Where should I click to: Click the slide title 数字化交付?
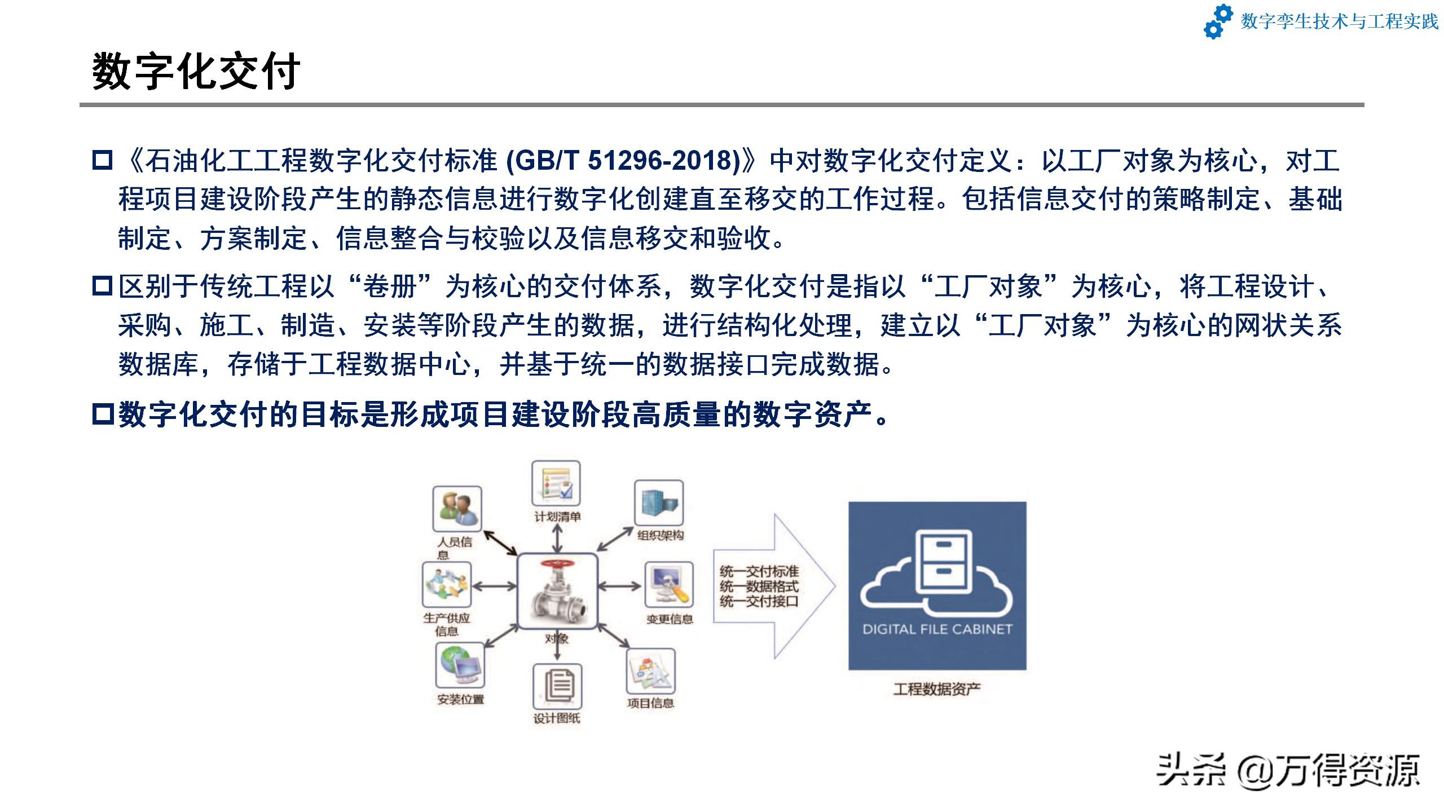pos(196,72)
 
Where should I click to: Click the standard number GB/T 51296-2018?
pos(623,160)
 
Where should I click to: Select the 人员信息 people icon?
pos(457,509)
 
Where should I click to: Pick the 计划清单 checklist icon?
pos(556,483)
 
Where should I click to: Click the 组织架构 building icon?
pos(659,502)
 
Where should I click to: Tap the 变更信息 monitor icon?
pos(669,584)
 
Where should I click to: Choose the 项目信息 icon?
pos(650,671)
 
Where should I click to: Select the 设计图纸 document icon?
pos(557,686)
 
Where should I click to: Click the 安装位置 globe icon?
pos(460,665)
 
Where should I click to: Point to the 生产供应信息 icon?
pos(446,585)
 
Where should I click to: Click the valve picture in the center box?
pos(557,590)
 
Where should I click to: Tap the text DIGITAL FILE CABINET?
pos(937,629)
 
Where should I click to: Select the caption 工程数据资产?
pos(937,689)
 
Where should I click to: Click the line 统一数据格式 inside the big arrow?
pos(759,586)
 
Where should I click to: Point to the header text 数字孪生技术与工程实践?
pos(1340,21)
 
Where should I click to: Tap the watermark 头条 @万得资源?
pos(1288,770)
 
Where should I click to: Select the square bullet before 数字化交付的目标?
pos(103,414)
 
